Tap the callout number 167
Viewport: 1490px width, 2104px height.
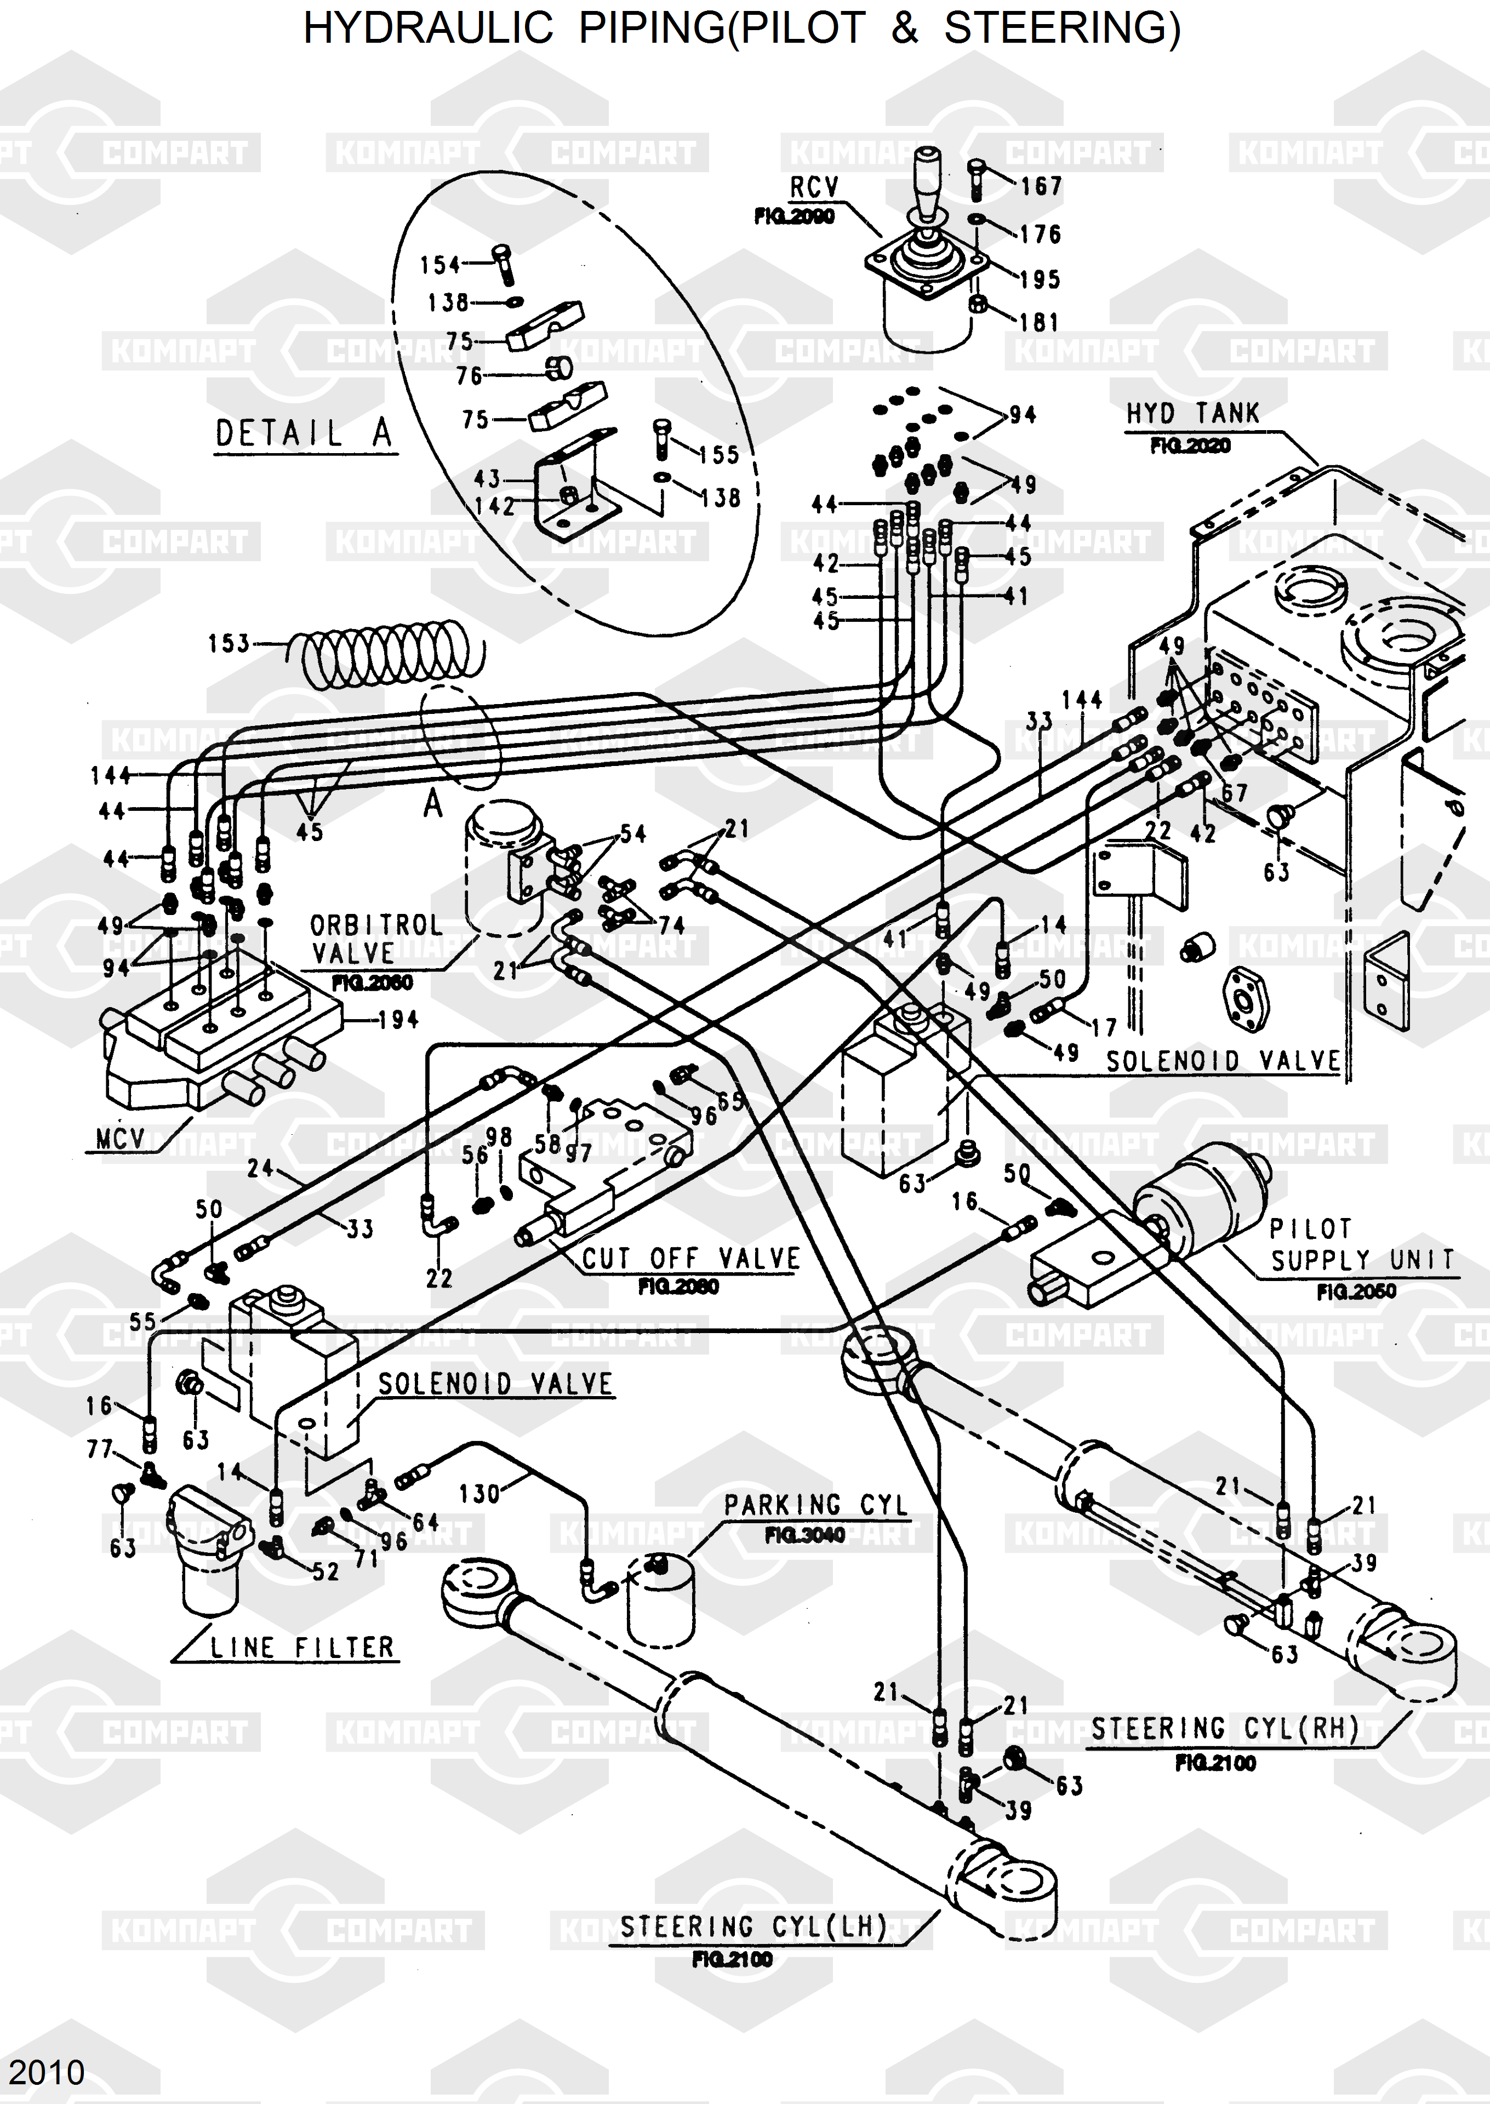click(x=1041, y=187)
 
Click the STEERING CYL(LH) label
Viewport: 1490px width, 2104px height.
click(x=753, y=1928)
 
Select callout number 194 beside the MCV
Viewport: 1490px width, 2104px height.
click(x=398, y=1019)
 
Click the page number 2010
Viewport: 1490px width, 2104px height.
click(x=47, y=2072)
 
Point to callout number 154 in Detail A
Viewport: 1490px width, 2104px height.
click(x=439, y=265)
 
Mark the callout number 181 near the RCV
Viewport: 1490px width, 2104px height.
click(x=1040, y=323)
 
